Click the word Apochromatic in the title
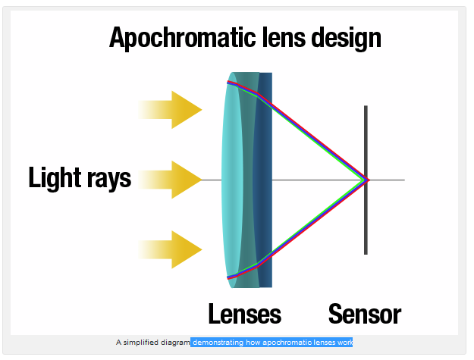[183, 38]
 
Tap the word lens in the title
[284, 37]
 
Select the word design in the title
[346, 39]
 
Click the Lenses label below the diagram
[244, 314]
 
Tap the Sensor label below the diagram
[365, 314]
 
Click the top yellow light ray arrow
[170, 110]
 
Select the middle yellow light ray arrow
[170, 180]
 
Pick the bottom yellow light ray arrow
[170, 249]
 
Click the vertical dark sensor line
[366, 180]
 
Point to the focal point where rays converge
[366, 180]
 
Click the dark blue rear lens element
[265, 180]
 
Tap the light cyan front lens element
[231, 180]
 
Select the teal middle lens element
[248, 180]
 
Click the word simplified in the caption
[141, 343]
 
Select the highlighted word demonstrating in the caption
[218, 343]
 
